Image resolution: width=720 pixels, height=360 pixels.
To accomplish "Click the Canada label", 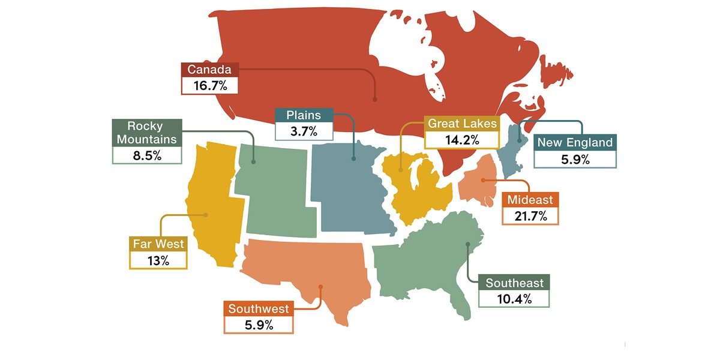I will pos(209,70).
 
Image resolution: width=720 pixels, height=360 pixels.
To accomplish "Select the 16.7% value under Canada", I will pos(209,85).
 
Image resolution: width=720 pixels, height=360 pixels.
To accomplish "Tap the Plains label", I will pos(303,115).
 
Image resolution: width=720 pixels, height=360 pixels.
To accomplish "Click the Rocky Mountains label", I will pos(147,133).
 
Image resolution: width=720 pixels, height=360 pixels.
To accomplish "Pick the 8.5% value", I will pos(147,155).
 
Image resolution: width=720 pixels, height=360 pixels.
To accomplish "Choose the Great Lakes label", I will pos(462,124).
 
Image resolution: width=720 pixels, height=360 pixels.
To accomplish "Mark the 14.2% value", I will pos(462,140).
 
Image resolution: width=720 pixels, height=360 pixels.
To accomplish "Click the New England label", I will pos(575,142).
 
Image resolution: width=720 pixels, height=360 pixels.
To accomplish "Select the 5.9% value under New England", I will pos(575,159).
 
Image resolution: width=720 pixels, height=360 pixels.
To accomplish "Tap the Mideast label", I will pos(530,200).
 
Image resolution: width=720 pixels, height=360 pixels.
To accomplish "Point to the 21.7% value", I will pos(530,216).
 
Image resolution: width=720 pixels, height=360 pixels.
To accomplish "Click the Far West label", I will pos(158,244).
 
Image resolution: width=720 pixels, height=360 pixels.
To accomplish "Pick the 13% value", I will pos(158,260).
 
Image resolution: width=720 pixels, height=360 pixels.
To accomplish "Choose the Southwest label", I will pos(258,309).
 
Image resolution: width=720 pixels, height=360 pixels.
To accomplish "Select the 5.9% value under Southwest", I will pos(258,325).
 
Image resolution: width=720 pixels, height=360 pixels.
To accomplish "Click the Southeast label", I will pos(514,283).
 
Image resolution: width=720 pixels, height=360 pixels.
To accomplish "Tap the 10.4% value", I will pos(514,299).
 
